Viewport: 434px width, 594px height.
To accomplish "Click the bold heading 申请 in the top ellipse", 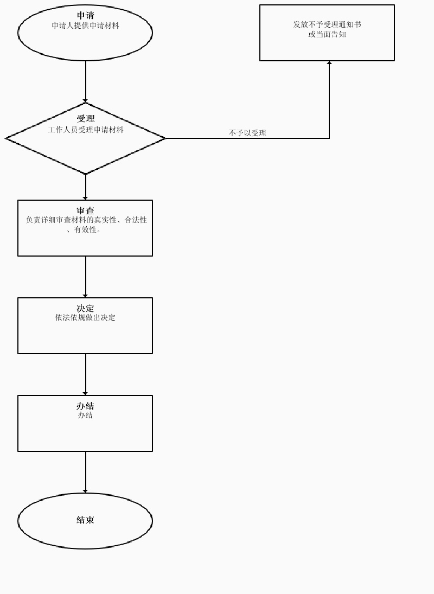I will point(85,16).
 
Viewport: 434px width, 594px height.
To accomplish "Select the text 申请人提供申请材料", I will point(85,25).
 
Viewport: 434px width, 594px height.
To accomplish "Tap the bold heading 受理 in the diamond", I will point(85,118).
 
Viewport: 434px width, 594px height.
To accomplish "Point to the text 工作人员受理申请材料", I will point(85,130).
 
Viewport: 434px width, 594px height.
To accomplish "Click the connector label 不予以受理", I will point(247,133).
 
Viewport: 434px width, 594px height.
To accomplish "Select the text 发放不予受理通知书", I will point(327,24).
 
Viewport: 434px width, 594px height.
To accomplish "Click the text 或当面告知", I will point(327,34).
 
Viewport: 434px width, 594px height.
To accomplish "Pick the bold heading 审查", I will point(85,210).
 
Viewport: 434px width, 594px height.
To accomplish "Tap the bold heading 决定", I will point(85,308).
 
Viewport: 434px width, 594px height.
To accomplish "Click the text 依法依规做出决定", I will point(85,317).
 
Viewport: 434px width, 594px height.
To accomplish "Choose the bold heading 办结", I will point(85,406).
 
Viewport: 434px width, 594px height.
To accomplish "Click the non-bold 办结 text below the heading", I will point(85,415).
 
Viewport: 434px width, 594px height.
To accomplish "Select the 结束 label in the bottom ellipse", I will point(85,520).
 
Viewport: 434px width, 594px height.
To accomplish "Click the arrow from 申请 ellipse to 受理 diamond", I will point(85,81).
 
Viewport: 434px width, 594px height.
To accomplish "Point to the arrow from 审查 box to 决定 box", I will point(85,277).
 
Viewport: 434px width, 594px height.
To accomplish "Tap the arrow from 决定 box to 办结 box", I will point(85,374).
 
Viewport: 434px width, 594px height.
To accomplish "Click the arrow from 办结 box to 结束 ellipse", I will point(85,472).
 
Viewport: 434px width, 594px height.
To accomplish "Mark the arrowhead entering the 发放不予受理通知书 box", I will point(329,63).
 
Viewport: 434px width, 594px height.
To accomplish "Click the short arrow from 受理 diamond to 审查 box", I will point(85,187).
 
